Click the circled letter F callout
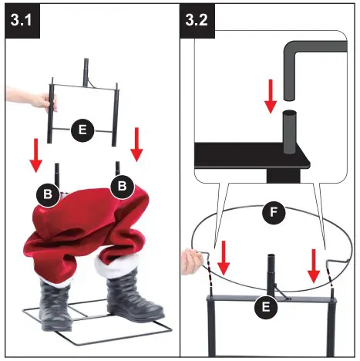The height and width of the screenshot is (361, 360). [269, 211]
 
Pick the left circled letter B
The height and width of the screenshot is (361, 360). [49, 193]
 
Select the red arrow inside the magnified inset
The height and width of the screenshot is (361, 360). [270, 95]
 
